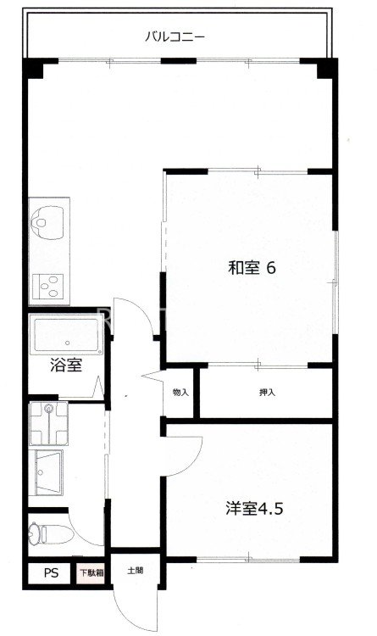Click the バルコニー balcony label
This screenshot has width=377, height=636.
click(x=175, y=37)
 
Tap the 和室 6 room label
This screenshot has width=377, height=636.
click(x=252, y=268)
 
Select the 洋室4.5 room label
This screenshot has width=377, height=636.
click(x=254, y=508)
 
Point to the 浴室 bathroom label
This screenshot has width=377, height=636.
click(x=66, y=365)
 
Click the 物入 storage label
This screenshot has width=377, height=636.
click(x=180, y=393)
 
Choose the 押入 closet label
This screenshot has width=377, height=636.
click(x=267, y=393)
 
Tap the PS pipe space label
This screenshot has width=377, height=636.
click(x=51, y=573)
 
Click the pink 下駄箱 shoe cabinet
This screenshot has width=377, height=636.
click(x=91, y=573)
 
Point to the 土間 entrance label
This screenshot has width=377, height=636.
click(x=135, y=571)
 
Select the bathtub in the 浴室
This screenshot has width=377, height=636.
click(x=66, y=337)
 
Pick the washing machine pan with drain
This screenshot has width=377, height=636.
click(x=48, y=423)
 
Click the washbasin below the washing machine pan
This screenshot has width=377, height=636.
click(x=47, y=471)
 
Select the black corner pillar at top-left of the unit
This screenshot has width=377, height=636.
click(x=33, y=69)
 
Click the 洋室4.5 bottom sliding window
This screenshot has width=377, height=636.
click(x=248, y=560)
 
